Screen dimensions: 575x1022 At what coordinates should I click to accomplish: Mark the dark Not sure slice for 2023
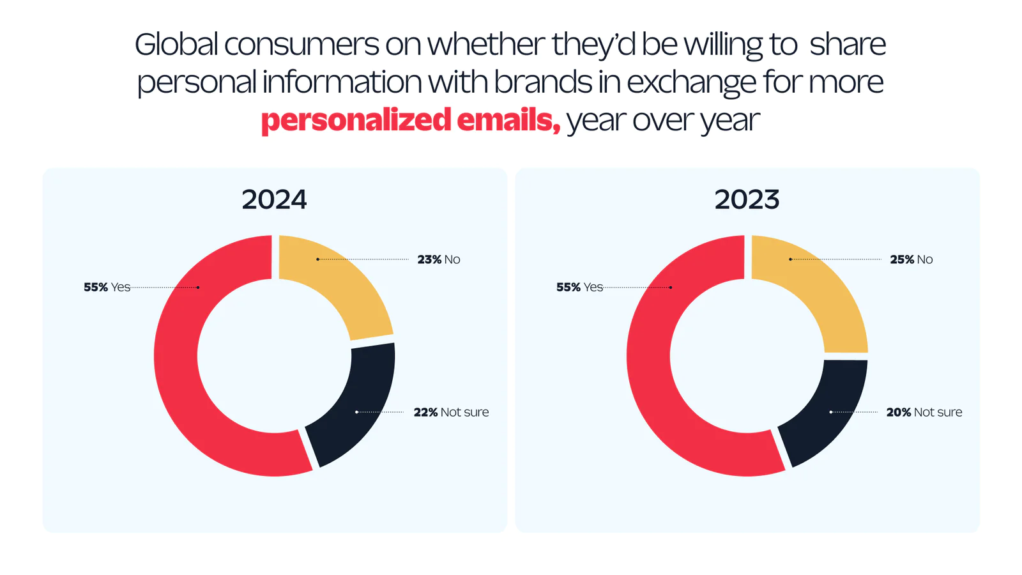pos(827,415)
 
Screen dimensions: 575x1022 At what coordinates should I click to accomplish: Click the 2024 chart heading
pos(274,199)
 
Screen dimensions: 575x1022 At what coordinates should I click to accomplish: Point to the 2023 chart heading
pos(747,199)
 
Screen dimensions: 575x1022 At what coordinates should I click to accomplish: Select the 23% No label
pos(439,259)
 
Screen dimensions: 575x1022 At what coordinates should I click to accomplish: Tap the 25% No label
pos(911,259)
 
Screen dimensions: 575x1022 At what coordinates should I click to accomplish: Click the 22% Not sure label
pos(451,412)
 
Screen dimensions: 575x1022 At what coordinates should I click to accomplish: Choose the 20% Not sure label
pos(924,412)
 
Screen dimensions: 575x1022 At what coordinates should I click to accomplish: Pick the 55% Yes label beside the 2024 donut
pos(107,287)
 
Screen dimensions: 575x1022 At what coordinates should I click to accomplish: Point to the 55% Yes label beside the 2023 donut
pos(579,287)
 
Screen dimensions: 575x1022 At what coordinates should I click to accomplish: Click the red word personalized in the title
pos(356,120)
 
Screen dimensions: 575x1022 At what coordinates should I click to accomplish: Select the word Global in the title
pos(176,45)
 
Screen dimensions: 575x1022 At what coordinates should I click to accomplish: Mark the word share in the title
pos(848,45)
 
